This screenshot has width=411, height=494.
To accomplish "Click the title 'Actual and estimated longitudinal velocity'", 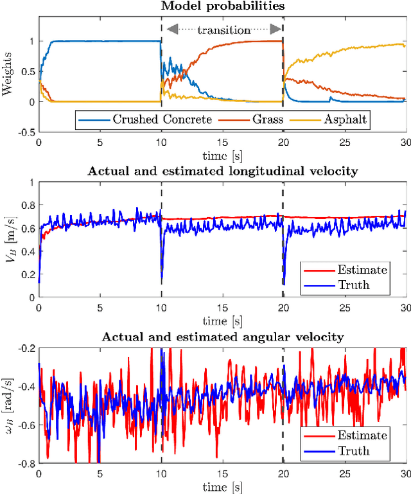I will coord(221,171).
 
